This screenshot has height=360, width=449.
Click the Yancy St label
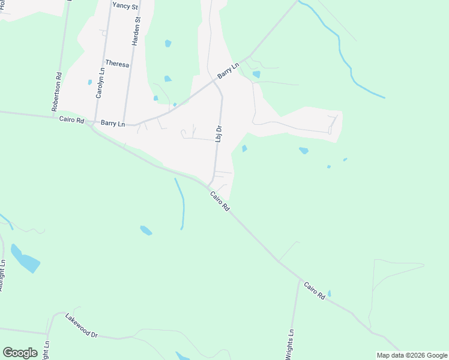point(125,5)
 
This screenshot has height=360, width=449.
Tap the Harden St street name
point(137,32)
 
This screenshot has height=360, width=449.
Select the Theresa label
point(117,64)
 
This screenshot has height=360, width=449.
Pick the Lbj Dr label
point(219,133)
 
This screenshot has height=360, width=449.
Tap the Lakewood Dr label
point(82,326)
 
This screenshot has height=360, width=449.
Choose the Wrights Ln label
point(291,344)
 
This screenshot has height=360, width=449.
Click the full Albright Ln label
point(2,276)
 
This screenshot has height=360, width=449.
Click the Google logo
point(20,353)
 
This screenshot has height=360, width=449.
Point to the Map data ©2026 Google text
point(412,355)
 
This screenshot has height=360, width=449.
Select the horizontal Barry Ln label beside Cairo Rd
point(113,124)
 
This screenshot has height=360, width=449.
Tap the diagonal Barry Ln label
point(229,71)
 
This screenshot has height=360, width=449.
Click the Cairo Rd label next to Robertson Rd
point(71,119)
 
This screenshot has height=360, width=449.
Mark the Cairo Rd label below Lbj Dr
point(220,200)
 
